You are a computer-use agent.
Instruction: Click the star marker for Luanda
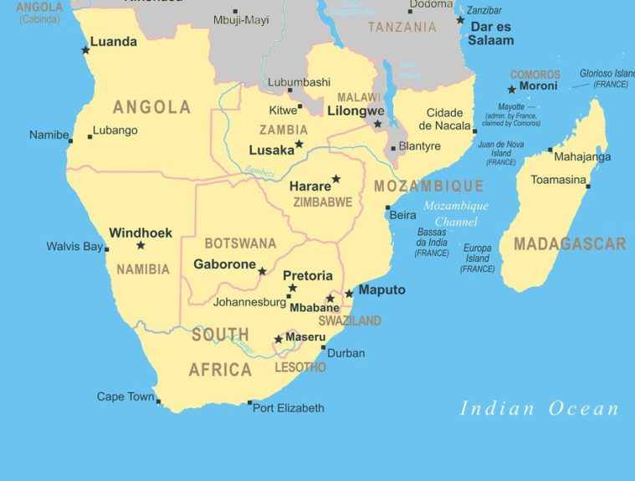pos(85,50)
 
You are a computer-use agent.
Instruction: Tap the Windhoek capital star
pos(141,245)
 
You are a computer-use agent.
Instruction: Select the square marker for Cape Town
pos(158,400)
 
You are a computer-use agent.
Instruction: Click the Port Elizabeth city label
pos(288,408)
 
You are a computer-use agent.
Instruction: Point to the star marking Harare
pos(335,179)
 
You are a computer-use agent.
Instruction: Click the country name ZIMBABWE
pos(322,202)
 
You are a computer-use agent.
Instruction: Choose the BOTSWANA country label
pos(240,243)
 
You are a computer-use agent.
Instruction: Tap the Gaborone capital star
pos(262,271)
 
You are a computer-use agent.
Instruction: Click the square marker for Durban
pos(323,347)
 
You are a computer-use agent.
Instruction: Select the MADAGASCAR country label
pos(569,244)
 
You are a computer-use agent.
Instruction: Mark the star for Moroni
pos(511,90)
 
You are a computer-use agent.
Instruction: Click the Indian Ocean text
pos(540,409)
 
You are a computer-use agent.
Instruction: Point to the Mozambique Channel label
pos(455,214)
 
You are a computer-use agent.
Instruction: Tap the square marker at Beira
pos(387,207)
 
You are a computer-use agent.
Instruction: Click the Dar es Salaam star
pos(460,20)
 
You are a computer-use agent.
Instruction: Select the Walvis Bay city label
pos(74,247)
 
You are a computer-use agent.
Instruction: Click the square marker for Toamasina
pos(588,186)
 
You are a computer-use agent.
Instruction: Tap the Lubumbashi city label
pos(299,82)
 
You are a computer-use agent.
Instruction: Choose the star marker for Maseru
pos(279,339)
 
